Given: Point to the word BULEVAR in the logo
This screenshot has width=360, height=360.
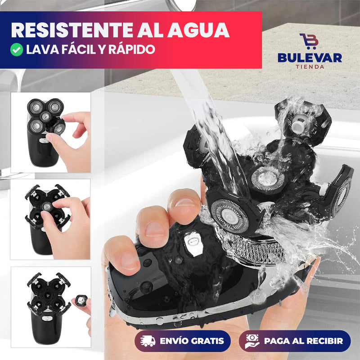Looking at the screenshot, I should pos(309,58).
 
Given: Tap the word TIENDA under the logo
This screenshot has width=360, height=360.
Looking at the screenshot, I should pos(309,67).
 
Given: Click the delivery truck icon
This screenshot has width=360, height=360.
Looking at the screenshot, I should pos(148,341).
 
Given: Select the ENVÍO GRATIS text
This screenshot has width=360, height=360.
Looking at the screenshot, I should pos(192,341).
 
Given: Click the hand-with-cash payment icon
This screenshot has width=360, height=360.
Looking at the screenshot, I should pos(252,341).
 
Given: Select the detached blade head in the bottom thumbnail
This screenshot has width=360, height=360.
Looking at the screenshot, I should pos(81,299).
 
